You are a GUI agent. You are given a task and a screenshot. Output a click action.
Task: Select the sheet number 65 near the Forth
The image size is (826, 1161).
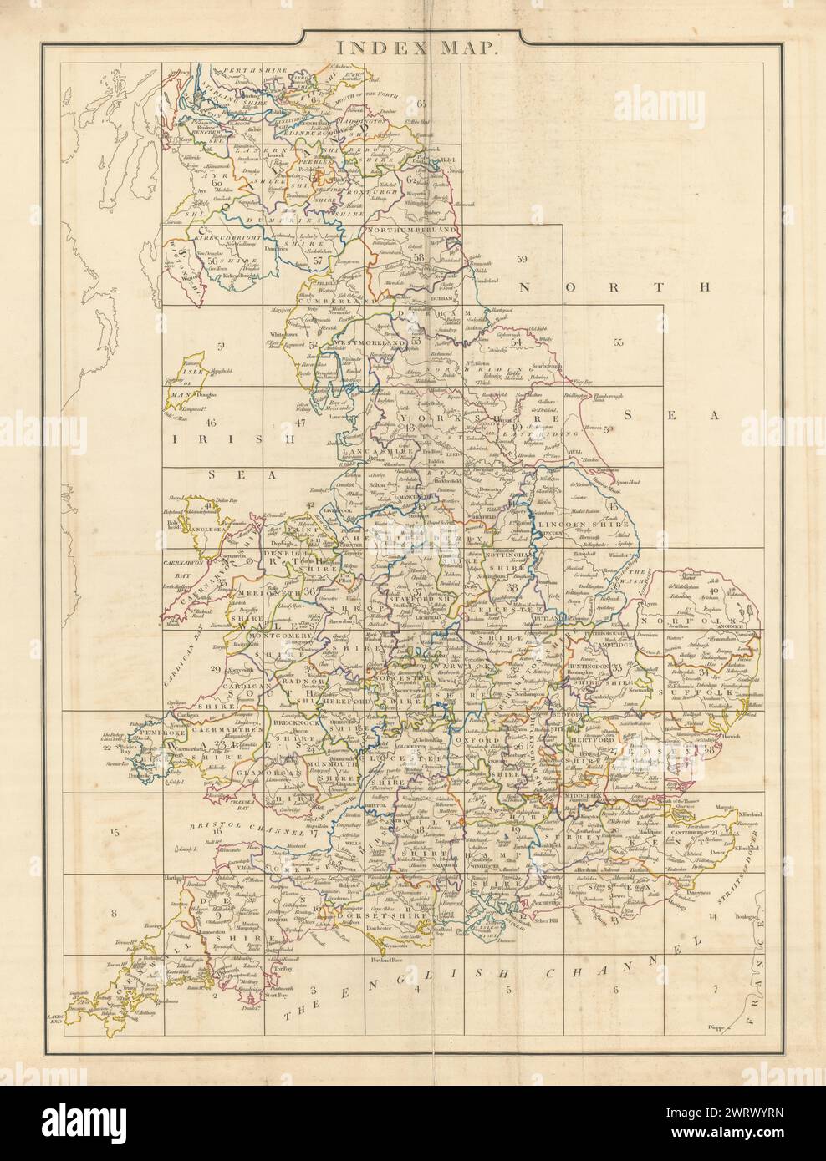click(421, 104)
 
